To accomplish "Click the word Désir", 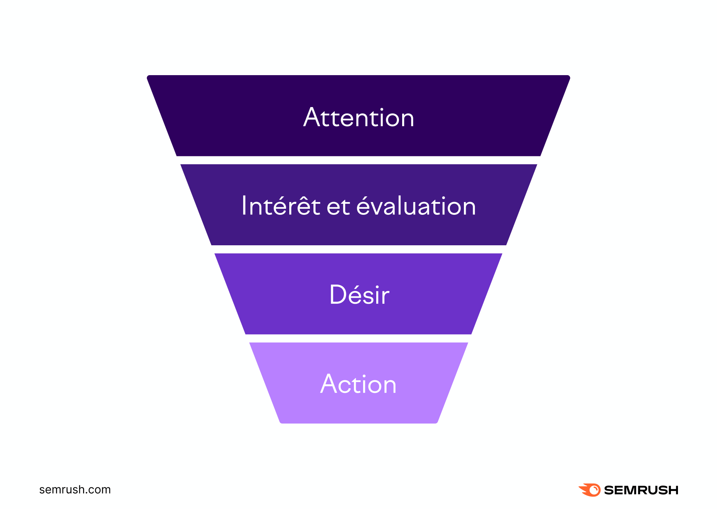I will point(359,295).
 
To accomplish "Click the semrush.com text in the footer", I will point(75,490).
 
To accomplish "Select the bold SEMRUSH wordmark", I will point(641,490).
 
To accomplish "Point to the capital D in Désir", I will point(338,295).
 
